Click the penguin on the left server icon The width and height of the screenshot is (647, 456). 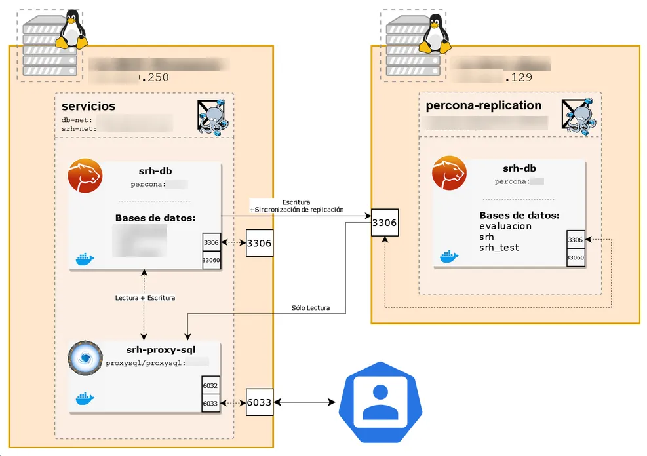pyautogui.click(x=71, y=32)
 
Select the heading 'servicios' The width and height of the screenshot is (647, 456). pyautogui.click(x=88, y=106)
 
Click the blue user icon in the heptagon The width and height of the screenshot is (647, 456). pyautogui.click(x=380, y=402)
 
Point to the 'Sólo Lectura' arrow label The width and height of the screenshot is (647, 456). pyautogui.click(x=311, y=308)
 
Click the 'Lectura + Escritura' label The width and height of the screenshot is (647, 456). pyautogui.click(x=145, y=297)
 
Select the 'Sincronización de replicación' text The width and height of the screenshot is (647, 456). pyautogui.click(x=299, y=210)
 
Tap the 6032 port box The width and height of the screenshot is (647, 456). pyautogui.click(x=210, y=387)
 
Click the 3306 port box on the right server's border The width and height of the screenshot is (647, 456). pyautogui.click(x=384, y=223)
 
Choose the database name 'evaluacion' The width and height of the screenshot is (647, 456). pyautogui.click(x=505, y=226)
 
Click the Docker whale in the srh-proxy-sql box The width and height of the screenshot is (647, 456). pyautogui.click(x=85, y=398)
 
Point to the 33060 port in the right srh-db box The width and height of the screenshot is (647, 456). pyautogui.click(x=575, y=257)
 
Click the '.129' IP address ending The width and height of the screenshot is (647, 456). pyautogui.click(x=518, y=77)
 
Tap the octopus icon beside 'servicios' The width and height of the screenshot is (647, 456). pyautogui.click(x=215, y=117)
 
